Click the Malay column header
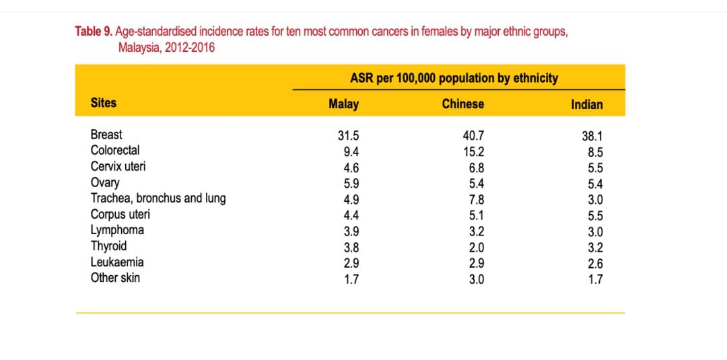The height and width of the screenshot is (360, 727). [343, 104]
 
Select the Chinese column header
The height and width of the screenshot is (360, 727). [462, 104]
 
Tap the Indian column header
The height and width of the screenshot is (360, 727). [586, 105]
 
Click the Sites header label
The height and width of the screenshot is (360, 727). [104, 103]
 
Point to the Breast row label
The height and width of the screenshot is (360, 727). [106, 135]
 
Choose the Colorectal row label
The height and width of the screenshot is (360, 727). [115, 150]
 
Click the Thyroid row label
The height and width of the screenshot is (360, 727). [108, 246]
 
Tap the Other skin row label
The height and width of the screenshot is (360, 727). [115, 277]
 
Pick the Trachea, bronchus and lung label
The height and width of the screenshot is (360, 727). [158, 198]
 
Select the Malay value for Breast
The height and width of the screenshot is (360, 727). [348, 135]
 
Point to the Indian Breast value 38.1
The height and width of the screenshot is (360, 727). [592, 136]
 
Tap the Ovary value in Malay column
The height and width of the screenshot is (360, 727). [351, 183]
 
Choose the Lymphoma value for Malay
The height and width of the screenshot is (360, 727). [351, 231]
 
